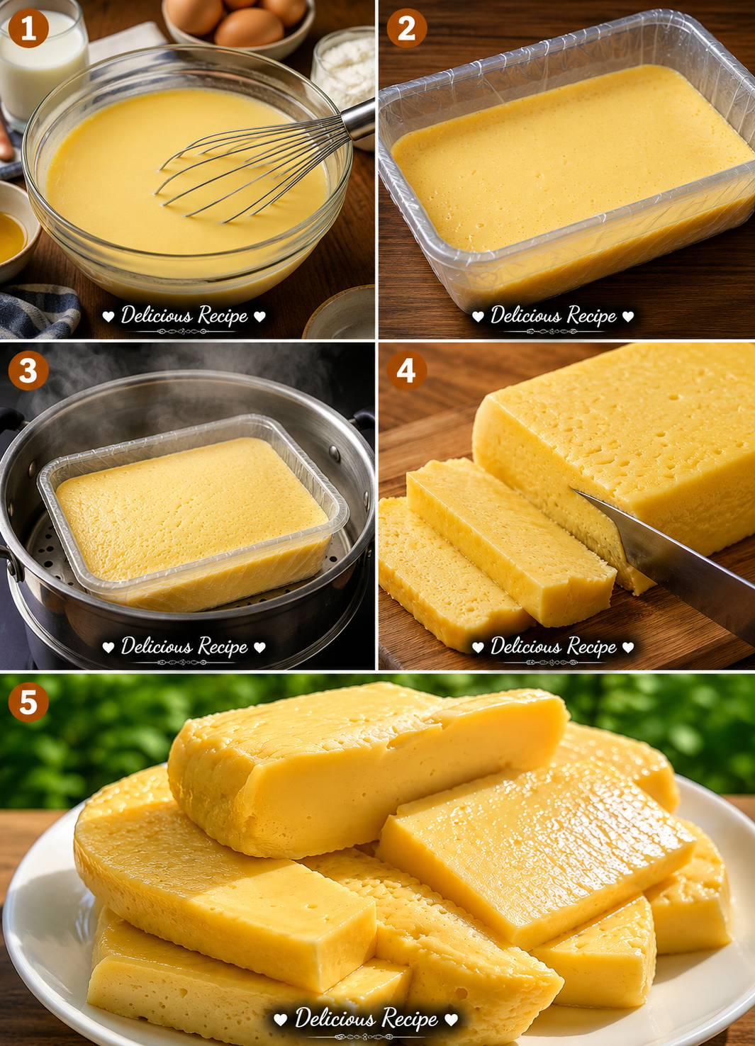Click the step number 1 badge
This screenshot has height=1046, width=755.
28,28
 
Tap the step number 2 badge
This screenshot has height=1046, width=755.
406,28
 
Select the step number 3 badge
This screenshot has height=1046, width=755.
28,371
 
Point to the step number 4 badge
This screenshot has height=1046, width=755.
406,371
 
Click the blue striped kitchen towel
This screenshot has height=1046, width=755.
38,310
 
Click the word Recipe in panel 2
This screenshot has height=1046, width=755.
591,316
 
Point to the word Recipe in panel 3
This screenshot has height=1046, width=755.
223,647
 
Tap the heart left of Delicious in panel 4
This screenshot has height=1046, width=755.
478,647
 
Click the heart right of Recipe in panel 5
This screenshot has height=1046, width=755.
451,1019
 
